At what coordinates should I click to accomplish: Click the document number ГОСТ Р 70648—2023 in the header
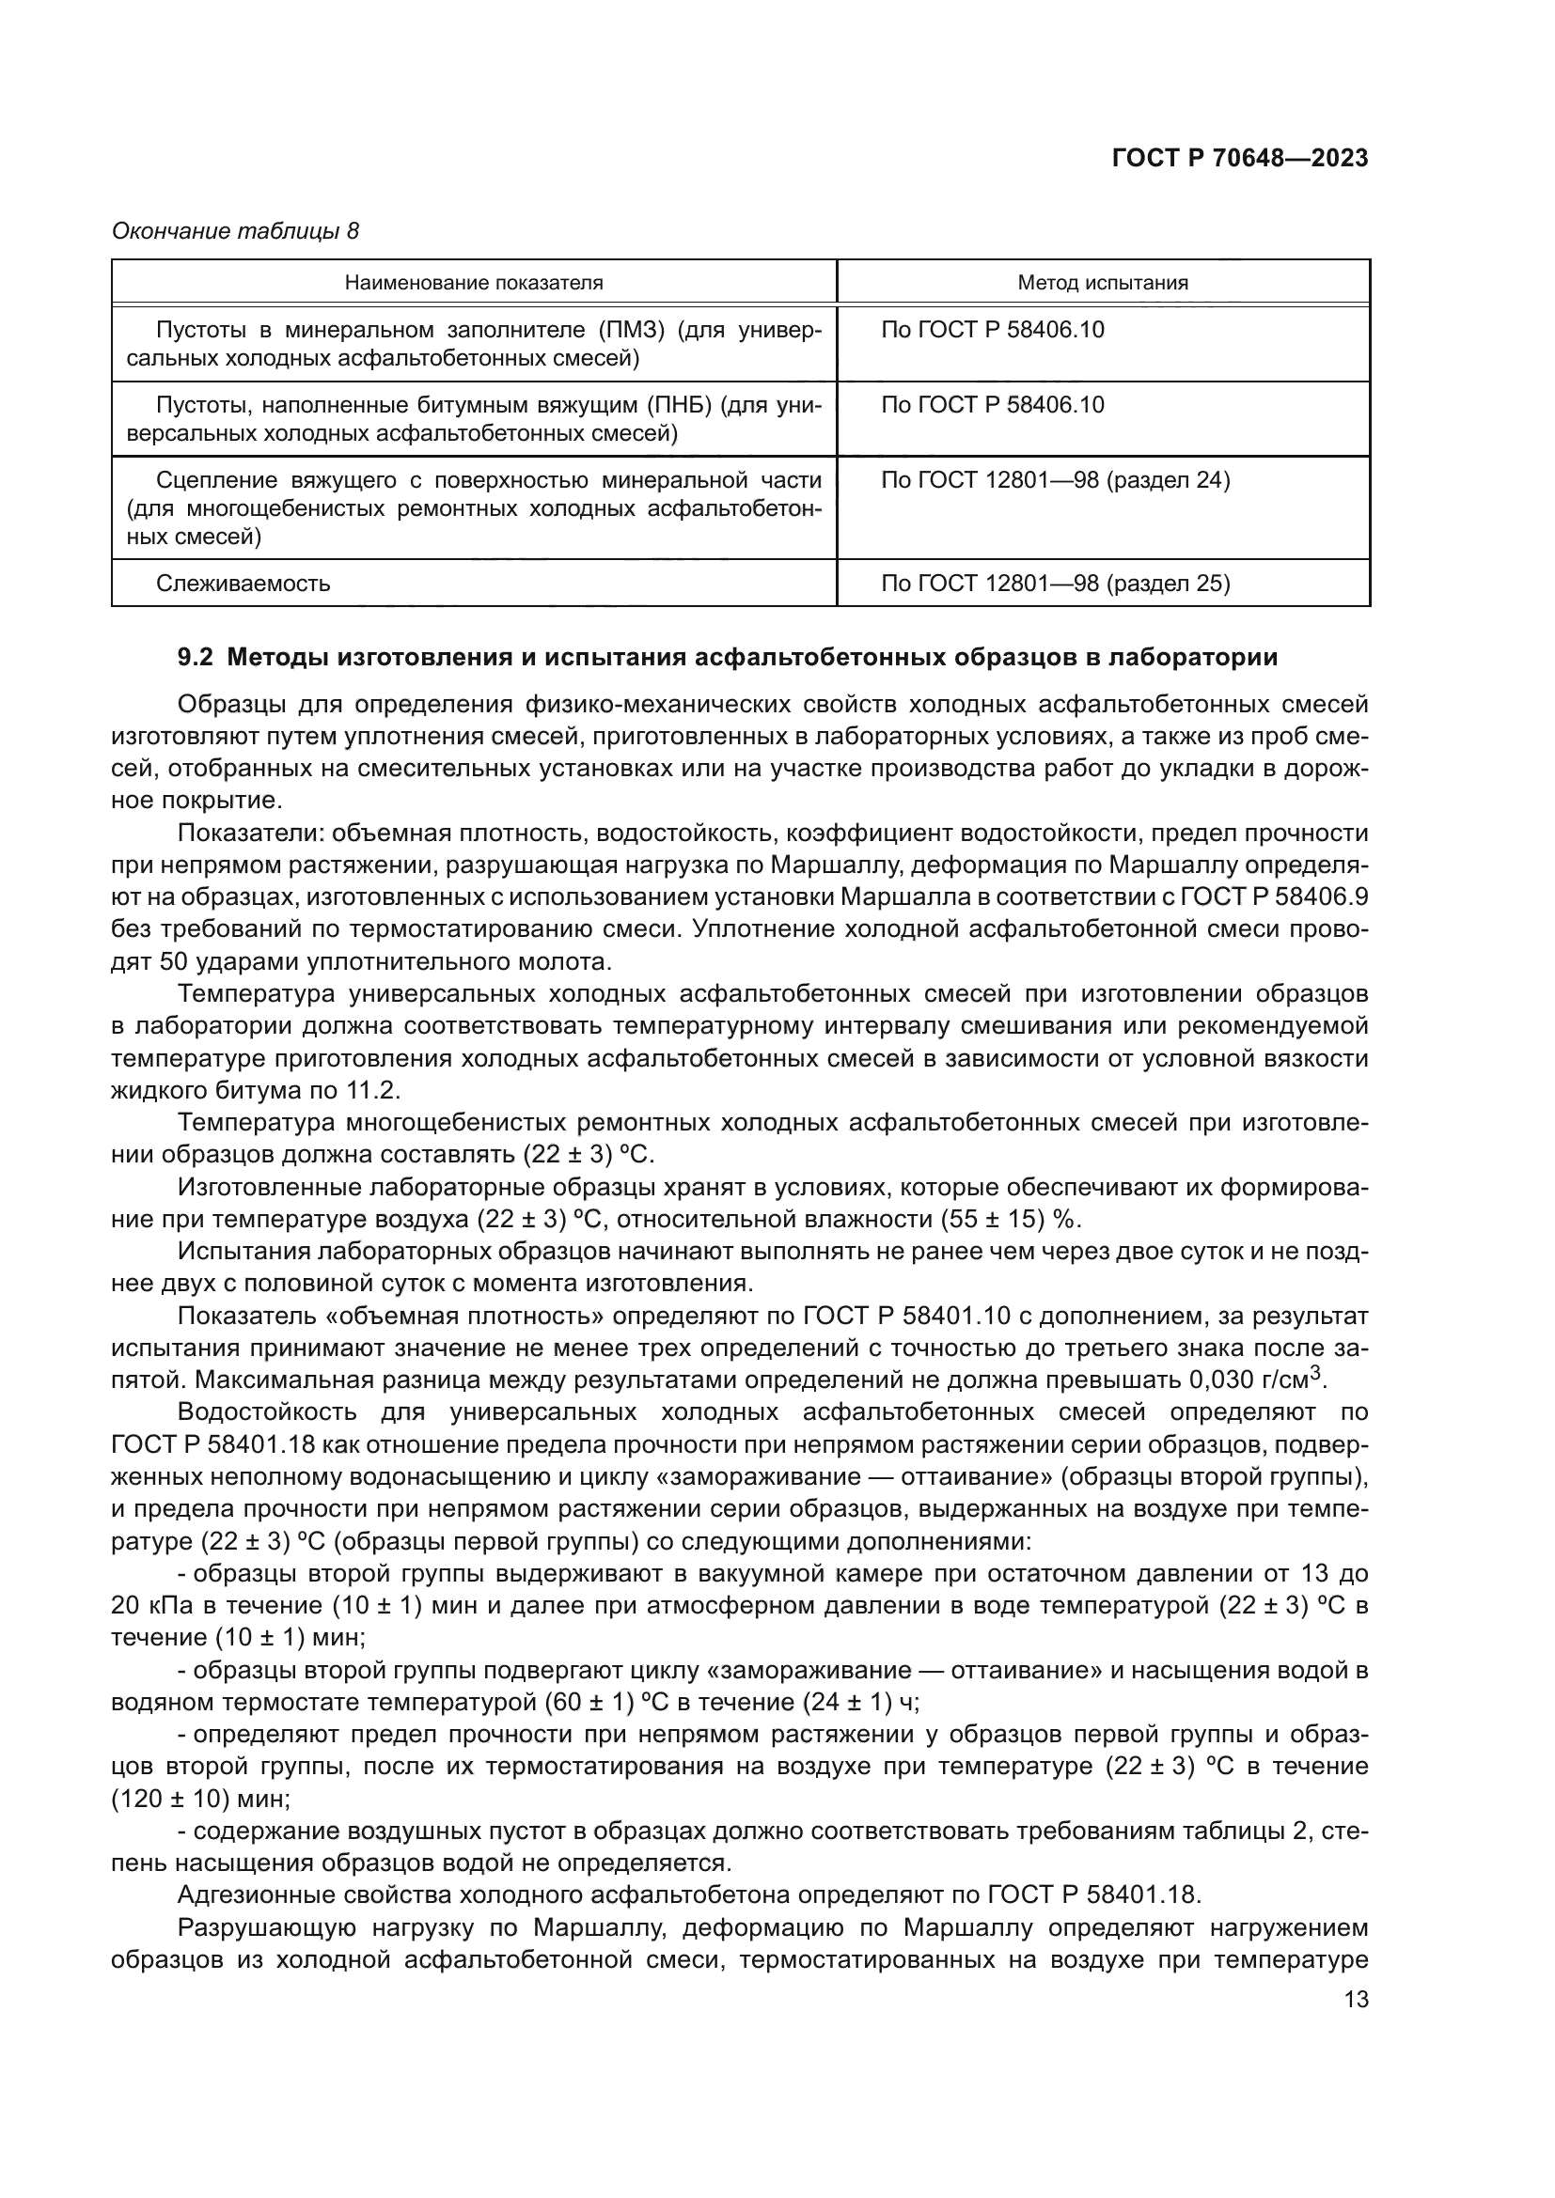point(1239,158)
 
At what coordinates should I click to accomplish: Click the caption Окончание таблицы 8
point(235,231)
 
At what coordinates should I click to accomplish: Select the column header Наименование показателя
point(473,283)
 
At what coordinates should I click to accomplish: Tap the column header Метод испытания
point(1102,283)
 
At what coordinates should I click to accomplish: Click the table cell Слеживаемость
point(243,583)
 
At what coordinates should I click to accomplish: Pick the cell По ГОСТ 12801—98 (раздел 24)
point(1054,479)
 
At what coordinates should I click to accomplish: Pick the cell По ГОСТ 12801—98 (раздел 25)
point(1054,583)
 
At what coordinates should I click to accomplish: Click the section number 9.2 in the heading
point(196,658)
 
